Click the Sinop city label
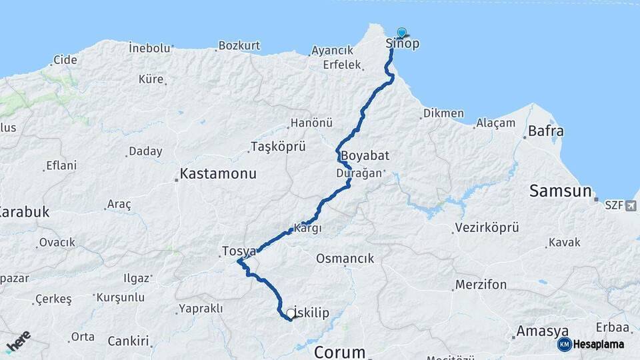403,45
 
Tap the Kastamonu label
218,175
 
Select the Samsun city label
560,191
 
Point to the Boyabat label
365,155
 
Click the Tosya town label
238,251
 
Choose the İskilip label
311,313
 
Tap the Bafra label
546,131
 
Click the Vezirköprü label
487,228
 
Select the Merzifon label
481,285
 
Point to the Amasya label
543,331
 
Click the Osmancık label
345,259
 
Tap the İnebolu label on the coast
150,48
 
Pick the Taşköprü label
277,147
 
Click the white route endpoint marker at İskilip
291,312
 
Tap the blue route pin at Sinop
401,33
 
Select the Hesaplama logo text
598,344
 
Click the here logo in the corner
18,340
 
